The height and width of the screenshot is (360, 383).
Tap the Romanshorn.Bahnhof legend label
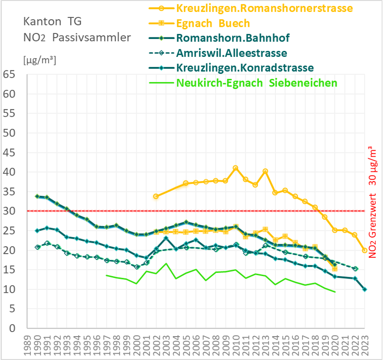[233, 38]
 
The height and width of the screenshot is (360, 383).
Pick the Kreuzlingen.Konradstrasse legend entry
[245, 68]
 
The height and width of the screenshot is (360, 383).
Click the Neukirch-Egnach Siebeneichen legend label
[256, 83]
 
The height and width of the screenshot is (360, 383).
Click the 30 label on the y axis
[9, 211]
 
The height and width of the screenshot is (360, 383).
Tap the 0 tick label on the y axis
[13, 328]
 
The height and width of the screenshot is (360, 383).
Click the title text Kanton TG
[50, 21]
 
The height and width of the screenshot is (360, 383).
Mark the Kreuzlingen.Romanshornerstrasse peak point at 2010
[236, 168]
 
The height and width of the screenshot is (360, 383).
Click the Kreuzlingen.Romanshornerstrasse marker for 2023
[365, 251]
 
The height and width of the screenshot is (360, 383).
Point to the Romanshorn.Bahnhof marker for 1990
[37, 196]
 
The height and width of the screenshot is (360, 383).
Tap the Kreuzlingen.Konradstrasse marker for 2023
[365, 290]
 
